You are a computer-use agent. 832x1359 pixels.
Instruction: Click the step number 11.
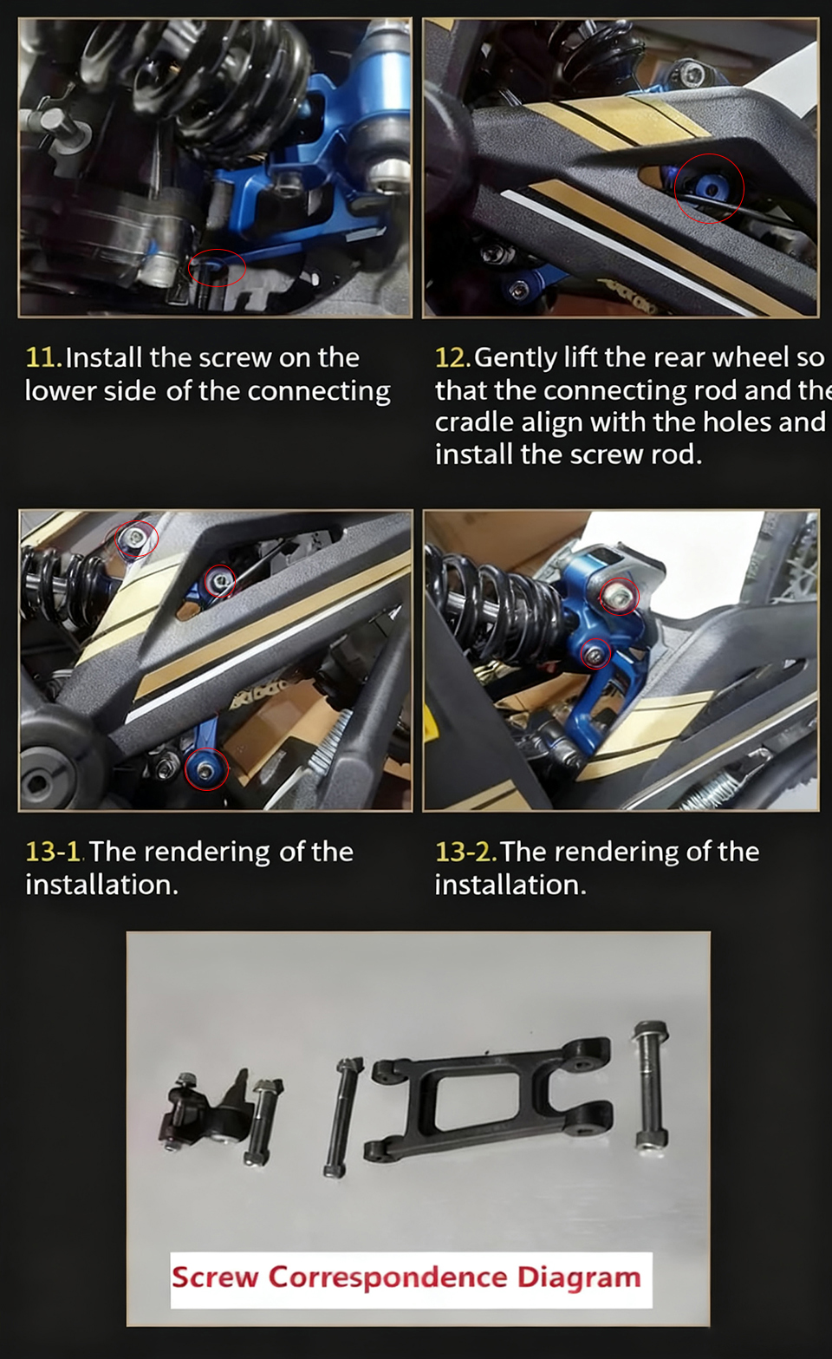tap(43, 357)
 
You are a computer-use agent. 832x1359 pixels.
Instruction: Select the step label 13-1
tap(54, 851)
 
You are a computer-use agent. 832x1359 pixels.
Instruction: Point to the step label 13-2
tap(465, 851)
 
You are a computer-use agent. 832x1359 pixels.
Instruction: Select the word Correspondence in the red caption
tap(387, 1278)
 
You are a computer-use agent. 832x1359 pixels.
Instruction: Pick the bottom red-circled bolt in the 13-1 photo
tap(206, 769)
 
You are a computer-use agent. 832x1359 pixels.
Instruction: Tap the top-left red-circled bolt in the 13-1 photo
tap(136, 539)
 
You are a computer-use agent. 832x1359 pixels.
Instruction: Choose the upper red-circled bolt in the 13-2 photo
tap(619, 597)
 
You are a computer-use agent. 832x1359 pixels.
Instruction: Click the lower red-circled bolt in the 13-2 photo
tap(595, 654)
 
